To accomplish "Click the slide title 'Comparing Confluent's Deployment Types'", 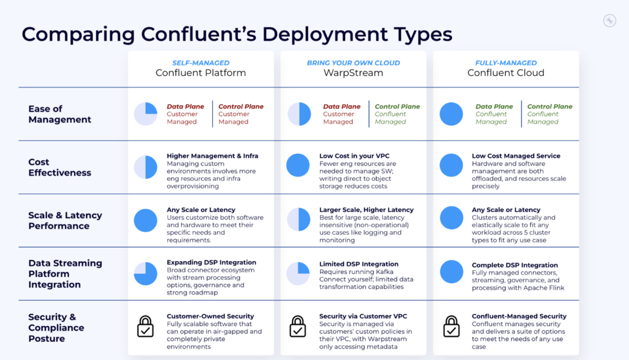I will (237, 34).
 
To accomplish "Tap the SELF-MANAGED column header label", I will (201, 63).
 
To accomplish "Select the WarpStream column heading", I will (353, 73).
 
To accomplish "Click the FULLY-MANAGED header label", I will (506, 63).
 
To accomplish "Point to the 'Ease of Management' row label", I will (60, 114).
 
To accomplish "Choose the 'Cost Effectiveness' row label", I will (60, 167).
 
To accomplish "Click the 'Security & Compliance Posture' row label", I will (56, 328).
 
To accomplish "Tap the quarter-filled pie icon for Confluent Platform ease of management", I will (145, 114).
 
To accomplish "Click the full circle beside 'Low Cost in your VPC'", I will (298, 165).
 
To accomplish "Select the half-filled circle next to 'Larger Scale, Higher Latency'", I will (299, 219).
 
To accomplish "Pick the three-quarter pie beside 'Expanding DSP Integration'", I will (145, 274).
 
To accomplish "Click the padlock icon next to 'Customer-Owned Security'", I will (145, 326).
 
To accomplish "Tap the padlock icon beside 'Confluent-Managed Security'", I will (451, 326).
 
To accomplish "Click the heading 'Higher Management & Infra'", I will (213, 156).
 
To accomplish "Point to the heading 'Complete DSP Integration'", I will (515, 265).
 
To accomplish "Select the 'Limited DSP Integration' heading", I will (359, 264).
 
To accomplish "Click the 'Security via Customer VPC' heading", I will (363, 316).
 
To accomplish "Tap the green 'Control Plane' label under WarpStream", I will (397, 106).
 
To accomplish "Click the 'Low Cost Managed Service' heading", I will (516, 156).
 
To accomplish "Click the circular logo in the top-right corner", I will (609, 21).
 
